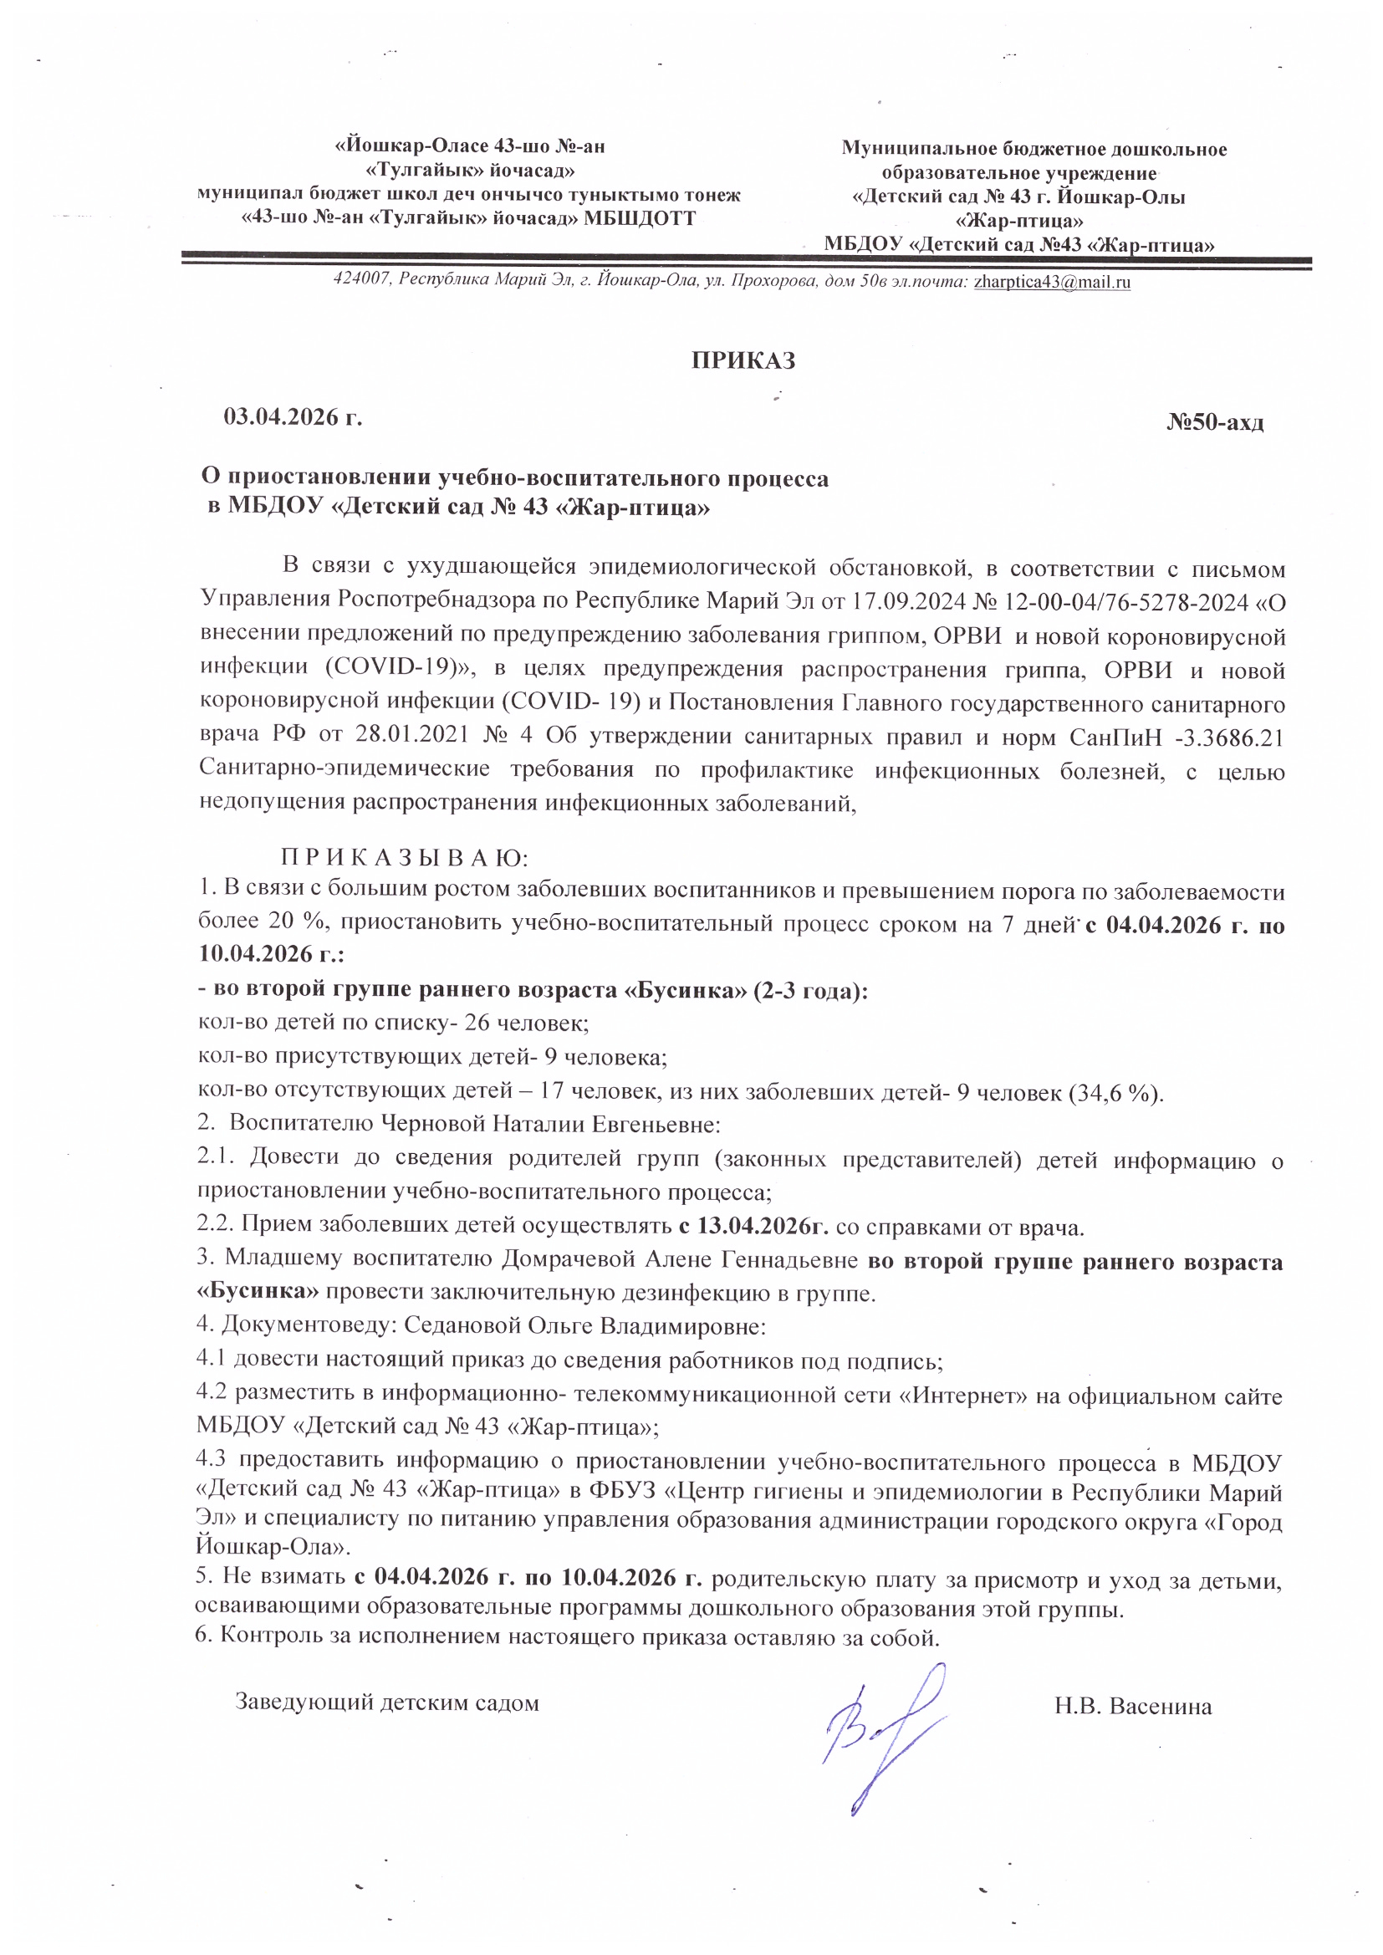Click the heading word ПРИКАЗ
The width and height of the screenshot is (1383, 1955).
pos(743,361)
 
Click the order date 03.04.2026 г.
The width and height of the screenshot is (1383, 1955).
pos(293,417)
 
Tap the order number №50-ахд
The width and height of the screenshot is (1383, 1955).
pos(1214,422)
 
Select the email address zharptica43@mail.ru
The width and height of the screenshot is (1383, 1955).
pos(1052,283)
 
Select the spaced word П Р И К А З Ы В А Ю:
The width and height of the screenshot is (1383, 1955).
pos(406,856)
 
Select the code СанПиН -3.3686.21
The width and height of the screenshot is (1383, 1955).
pos(1175,738)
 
